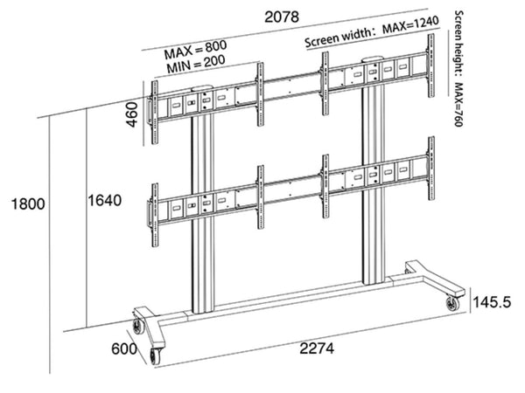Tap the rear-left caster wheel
coord(137,327)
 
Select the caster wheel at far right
coord(452,304)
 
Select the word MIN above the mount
coord(178,65)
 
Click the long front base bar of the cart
coord(306,323)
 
